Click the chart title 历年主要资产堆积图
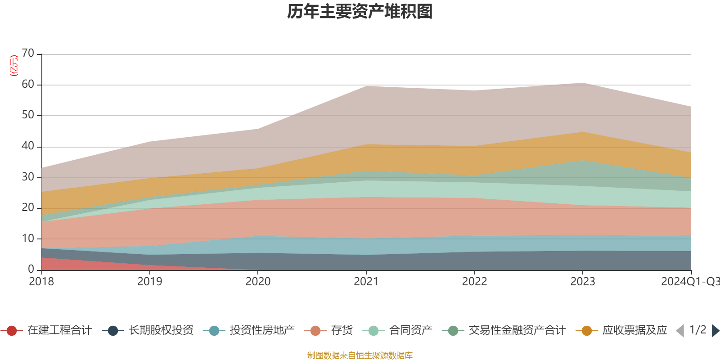[360, 12]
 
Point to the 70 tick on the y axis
[28, 54]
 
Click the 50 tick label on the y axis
[28, 115]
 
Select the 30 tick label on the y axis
[28, 177]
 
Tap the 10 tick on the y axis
[28, 238]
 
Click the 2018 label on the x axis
[41, 282]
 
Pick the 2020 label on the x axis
[258, 282]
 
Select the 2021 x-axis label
[366, 282]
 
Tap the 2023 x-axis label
[583, 282]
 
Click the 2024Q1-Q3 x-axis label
[690, 282]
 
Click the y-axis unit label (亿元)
[14, 66]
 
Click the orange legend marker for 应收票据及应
[587, 331]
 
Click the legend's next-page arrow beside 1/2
[715, 331]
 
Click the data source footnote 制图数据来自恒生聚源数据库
[360, 355]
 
